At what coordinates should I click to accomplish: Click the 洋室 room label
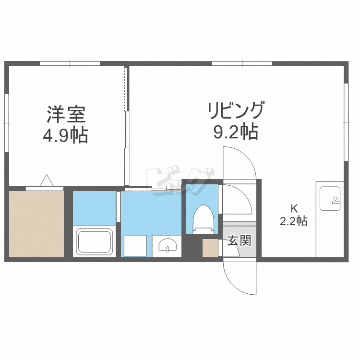click(66, 114)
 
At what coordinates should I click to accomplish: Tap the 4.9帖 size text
click(65, 135)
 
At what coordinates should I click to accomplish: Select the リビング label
click(236, 110)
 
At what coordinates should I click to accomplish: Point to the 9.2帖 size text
click(236, 132)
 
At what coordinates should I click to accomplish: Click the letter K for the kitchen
click(294, 209)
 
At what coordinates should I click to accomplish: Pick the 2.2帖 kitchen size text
click(294, 221)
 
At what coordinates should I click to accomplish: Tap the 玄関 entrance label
click(239, 240)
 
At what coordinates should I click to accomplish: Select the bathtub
click(95, 241)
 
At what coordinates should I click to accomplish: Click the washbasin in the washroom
click(168, 245)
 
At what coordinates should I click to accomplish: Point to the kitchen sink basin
click(330, 198)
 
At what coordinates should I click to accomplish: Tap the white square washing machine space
click(135, 246)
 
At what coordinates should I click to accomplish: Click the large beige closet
click(36, 224)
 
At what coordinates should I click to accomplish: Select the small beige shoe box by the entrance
click(210, 248)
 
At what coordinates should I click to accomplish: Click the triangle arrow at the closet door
click(47, 180)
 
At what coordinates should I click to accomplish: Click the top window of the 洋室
click(70, 63)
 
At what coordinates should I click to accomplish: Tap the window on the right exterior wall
click(346, 122)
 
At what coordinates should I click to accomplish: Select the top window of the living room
click(242, 63)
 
